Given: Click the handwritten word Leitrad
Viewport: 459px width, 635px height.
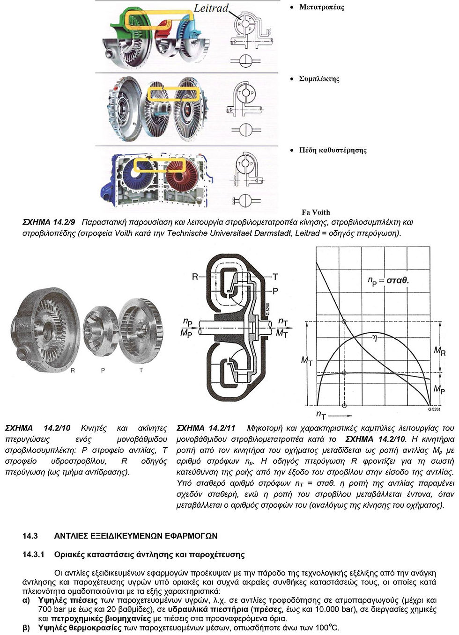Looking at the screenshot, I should [211, 8].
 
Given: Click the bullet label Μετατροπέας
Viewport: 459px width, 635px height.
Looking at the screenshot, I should [321, 7].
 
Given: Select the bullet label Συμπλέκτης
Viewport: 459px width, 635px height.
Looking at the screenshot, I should [319, 79].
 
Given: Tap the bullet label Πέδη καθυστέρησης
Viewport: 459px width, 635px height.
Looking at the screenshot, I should [333, 150].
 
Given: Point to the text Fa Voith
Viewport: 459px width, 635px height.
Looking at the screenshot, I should [316, 212].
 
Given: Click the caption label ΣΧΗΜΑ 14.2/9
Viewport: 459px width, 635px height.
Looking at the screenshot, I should [49, 222].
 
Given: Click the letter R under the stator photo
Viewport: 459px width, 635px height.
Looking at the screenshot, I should [73, 370].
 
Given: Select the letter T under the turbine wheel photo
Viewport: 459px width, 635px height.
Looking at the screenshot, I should [141, 370].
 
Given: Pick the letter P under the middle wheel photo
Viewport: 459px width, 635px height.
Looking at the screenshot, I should [103, 370].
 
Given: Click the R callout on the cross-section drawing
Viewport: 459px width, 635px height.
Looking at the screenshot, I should [195, 277].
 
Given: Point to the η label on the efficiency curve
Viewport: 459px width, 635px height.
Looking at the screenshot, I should [374, 337].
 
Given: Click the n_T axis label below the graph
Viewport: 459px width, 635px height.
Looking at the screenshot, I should [321, 415].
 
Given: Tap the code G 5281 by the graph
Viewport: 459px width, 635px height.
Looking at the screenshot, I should [434, 409].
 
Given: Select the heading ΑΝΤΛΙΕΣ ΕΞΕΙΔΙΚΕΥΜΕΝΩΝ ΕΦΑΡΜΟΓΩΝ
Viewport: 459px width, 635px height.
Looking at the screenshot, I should [136, 536].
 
